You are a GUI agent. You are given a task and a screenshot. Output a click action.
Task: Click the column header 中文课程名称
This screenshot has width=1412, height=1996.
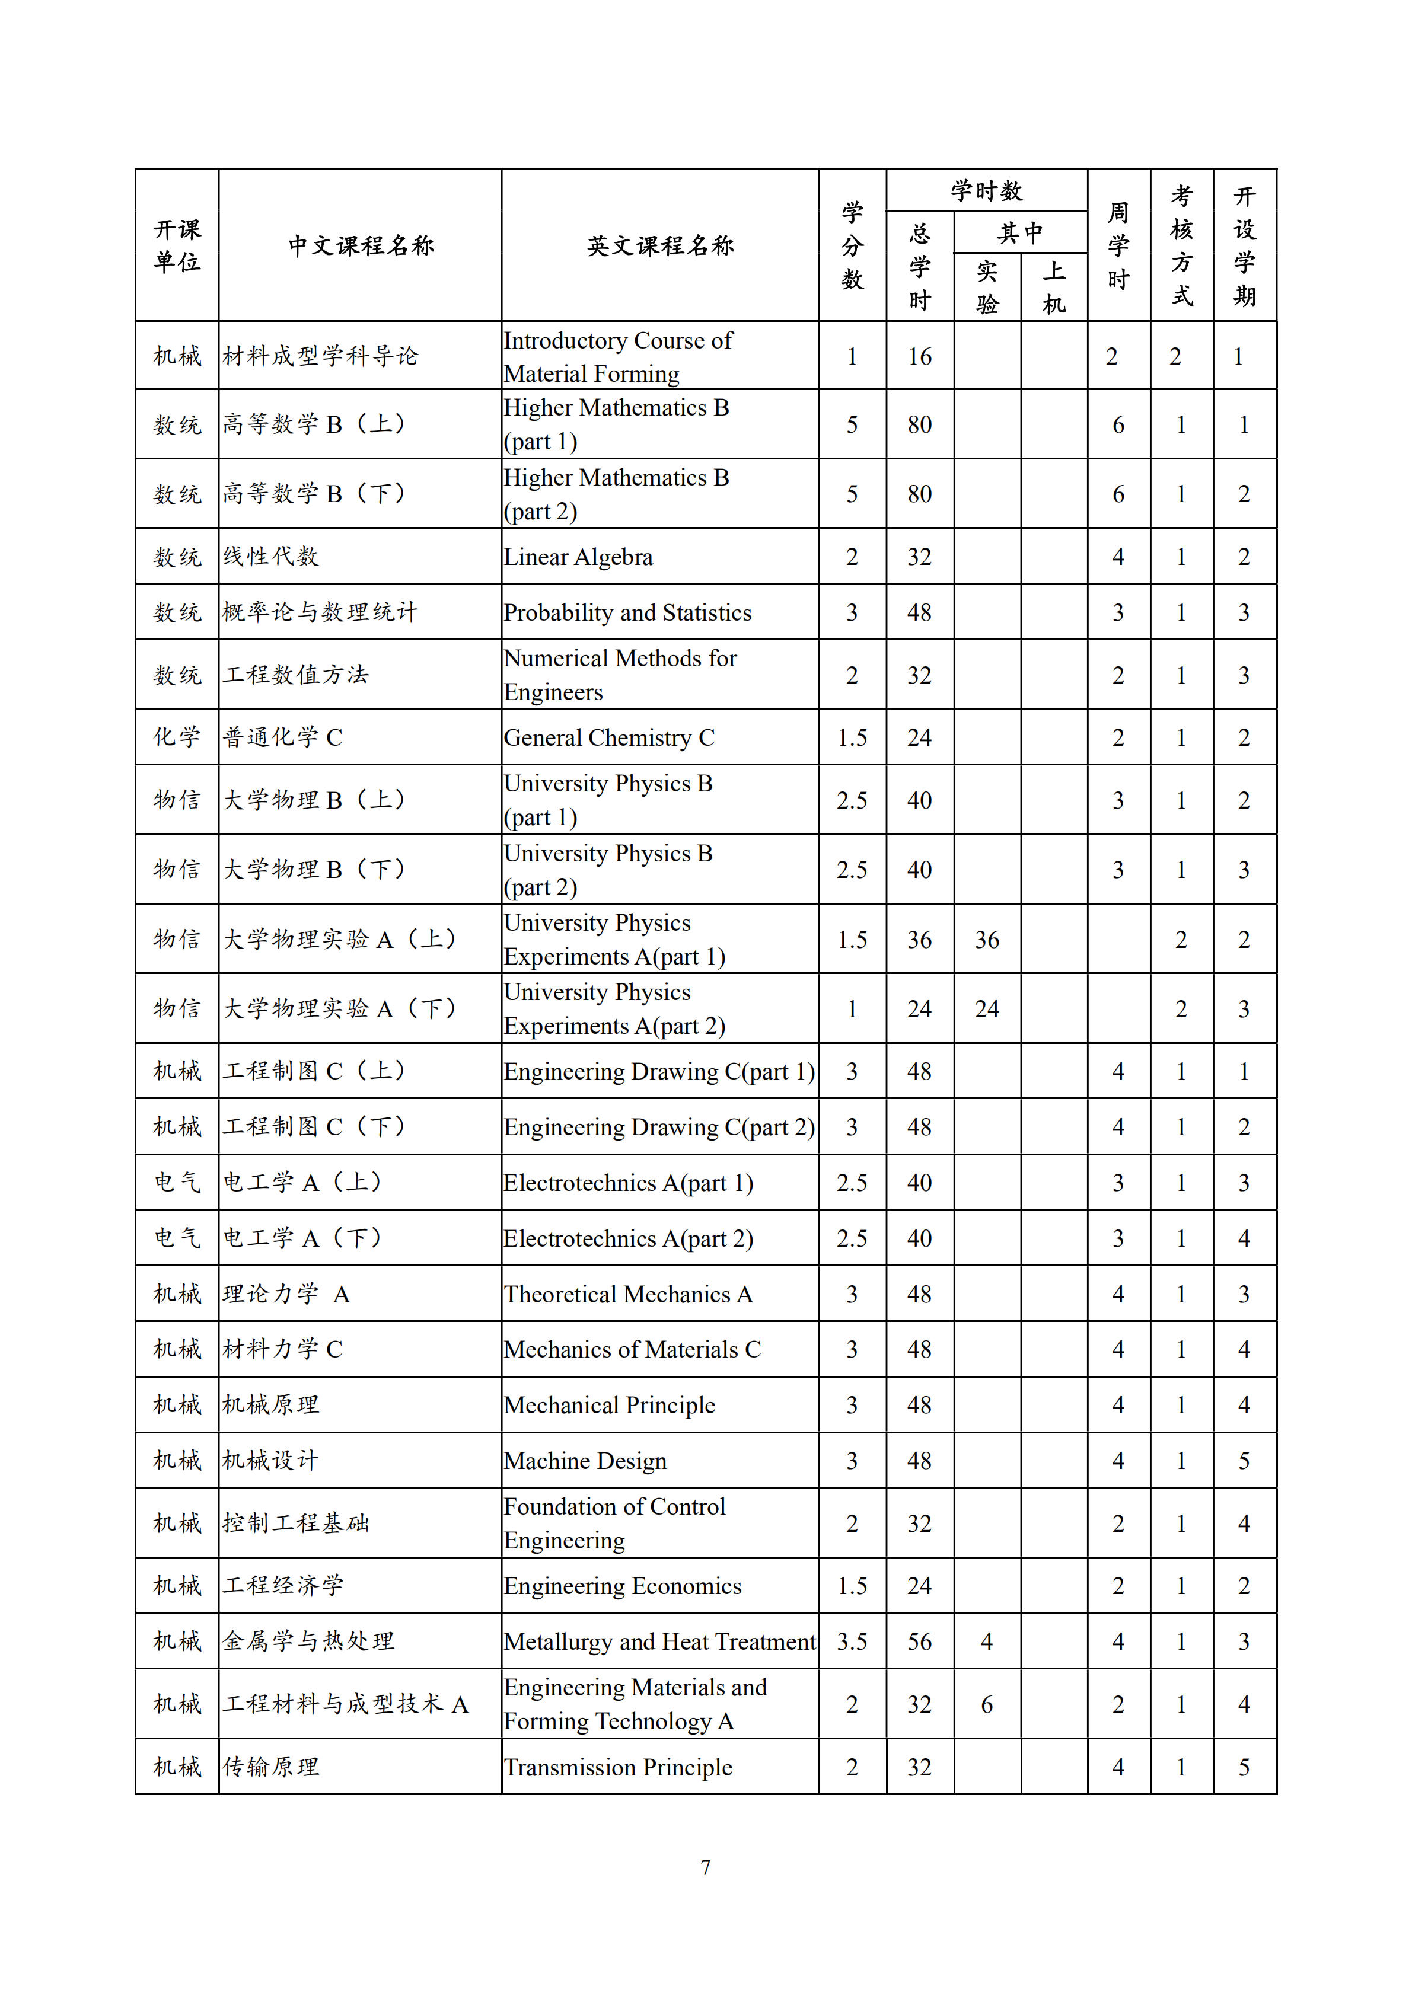tap(360, 246)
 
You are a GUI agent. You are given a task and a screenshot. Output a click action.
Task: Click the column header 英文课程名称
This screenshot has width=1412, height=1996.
tap(660, 246)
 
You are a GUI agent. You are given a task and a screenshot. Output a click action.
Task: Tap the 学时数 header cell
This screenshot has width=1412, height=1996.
tap(986, 190)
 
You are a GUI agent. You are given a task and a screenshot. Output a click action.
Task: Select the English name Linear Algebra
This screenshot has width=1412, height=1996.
tap(578, 557)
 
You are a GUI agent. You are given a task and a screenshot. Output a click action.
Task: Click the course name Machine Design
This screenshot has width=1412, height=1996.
tap(585, 1461)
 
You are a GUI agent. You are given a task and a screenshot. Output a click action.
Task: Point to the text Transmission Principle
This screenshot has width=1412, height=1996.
tap(618, 1767)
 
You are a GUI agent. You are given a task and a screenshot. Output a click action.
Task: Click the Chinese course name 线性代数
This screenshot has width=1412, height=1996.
tap(271, 557)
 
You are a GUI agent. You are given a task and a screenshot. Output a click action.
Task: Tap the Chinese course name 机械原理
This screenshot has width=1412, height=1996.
tap(271, 1405)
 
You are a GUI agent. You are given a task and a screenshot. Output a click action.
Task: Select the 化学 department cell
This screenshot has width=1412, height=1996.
tap(177, 737)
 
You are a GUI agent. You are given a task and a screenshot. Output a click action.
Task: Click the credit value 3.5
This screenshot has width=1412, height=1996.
tap(852, 1641)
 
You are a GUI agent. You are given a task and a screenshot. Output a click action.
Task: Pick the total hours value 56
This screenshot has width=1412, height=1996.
tap(919, 1641)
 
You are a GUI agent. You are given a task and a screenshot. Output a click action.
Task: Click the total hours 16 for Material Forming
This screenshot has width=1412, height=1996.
tap(919, 356)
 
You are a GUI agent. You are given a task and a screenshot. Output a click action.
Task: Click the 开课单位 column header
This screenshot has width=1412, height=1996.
tap(177, 246)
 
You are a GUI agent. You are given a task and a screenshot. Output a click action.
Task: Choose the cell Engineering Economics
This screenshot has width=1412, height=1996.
tap(623, 1586)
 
